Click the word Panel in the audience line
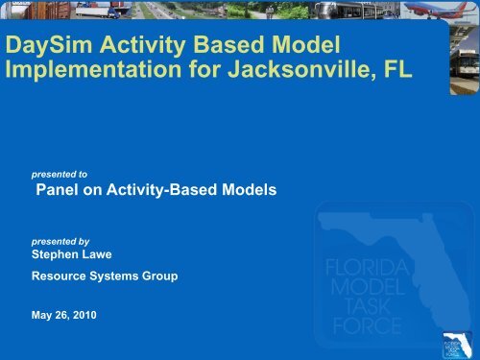tap(56, 191)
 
